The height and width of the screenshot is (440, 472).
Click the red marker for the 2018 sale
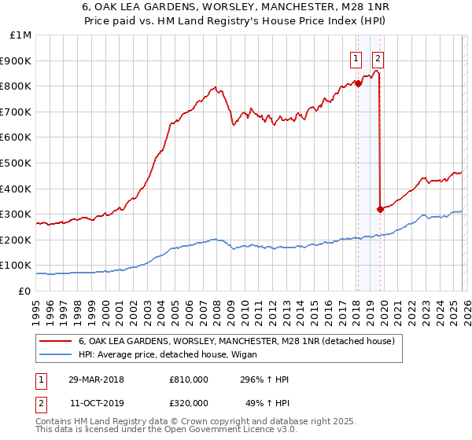[357, 82]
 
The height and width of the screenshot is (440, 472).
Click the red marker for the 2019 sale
[380, 209]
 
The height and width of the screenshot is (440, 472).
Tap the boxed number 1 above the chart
[356, 57]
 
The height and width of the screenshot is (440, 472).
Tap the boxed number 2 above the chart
[378, 57]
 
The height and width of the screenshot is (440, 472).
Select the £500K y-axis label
[16, 163]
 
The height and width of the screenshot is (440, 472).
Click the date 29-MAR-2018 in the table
[96, 379]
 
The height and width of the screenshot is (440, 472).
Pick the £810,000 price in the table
[189, 379]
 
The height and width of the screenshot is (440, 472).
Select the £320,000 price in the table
[189, 404]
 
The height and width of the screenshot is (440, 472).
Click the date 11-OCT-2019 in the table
[96, 404]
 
